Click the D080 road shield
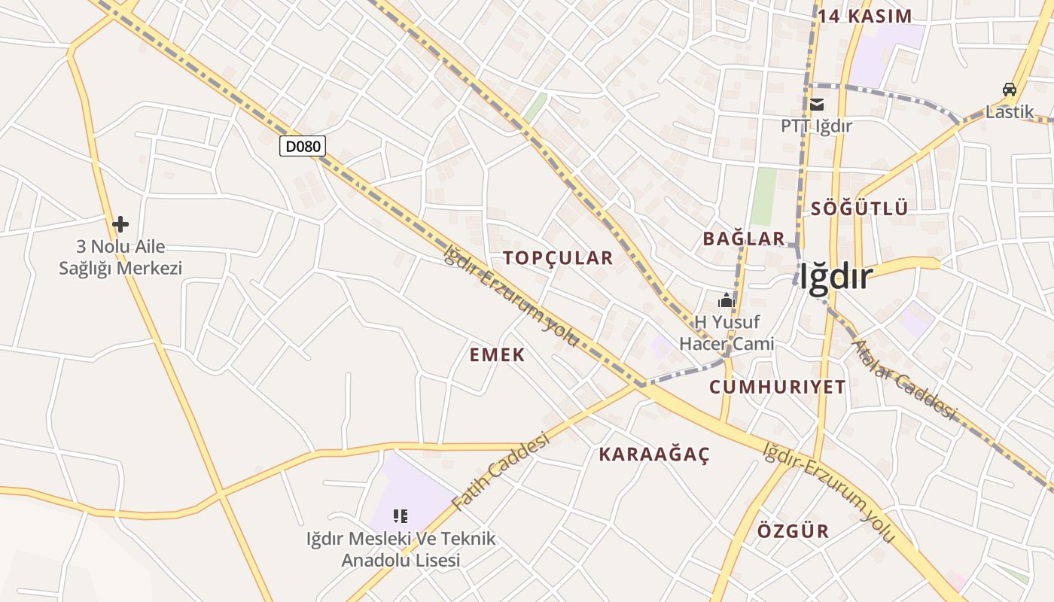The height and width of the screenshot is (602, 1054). (303, 146)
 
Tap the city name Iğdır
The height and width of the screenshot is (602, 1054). (836, 277)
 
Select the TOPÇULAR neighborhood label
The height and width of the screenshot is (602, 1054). (558, 258)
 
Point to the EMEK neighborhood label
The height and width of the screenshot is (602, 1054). (497, 355)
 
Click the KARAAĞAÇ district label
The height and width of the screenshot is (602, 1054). (654, 455)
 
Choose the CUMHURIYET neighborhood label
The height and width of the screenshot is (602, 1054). (778, 388)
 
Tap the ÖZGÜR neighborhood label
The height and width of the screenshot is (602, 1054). (793, 531)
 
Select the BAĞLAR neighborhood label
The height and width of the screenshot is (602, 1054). (744, 239)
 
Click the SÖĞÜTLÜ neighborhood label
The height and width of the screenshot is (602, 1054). (860, 209)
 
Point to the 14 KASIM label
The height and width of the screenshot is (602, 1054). (865, 17)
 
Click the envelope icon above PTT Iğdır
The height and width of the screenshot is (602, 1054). (817, 105)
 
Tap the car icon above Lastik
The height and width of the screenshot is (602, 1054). (1010, 90)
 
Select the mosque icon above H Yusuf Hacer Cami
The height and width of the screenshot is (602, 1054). (726, 301)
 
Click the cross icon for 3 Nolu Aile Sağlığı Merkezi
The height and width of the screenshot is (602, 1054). (120, 224)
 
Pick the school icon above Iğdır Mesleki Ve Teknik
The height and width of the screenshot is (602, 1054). (401, 516)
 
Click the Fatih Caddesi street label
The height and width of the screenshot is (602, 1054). (501, 471)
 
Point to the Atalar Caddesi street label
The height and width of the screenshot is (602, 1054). (903, 380)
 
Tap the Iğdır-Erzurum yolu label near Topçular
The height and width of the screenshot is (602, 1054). (512, 296)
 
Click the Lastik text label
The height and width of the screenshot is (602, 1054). (1010, 112)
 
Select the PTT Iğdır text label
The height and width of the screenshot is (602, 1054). (816, 126)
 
